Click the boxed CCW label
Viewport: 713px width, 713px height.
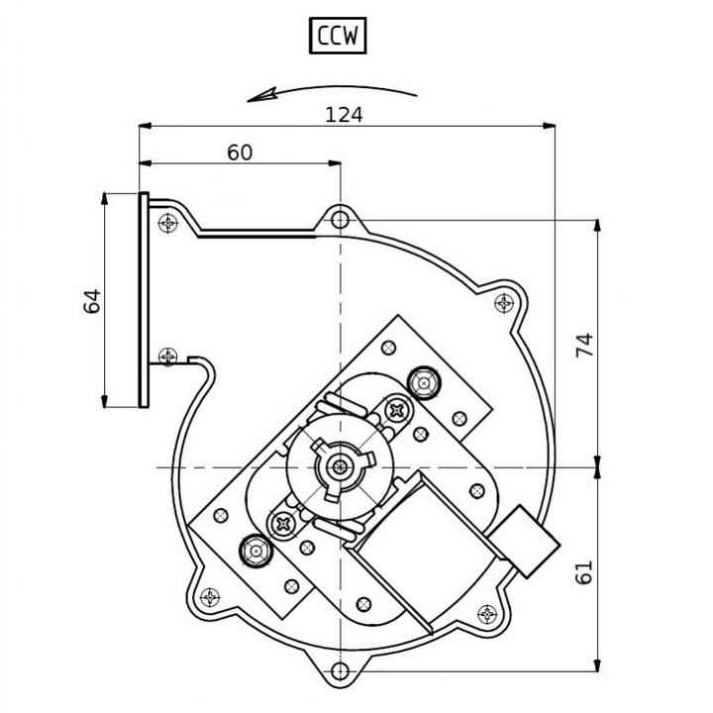click(338, 36)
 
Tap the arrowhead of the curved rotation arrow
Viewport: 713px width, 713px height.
click(261, 95)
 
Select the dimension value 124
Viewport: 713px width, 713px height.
click(344, 115)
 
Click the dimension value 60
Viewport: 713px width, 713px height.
click(240, 153)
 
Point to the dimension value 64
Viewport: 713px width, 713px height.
click(92, 301)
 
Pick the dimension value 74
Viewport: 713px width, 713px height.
click(585, 346)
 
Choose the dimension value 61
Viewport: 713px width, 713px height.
click(584, 571)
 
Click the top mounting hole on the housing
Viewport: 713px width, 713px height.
click(340, 220)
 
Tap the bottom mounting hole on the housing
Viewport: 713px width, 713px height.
click(340, 670)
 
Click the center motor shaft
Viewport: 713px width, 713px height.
click(340, 466)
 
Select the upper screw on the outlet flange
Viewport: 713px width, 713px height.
click(168, 223)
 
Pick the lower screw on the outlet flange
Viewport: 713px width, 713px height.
click(168, 356)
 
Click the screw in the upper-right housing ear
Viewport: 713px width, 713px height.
click(504, 303)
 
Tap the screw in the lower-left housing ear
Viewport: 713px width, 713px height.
click(210, 597)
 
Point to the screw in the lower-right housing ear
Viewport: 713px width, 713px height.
click(487, 615)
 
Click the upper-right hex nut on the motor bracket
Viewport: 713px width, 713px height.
click(424, 383)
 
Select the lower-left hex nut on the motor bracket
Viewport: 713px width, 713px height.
click(255, 552)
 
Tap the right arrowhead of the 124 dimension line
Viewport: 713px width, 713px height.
click(550, 126)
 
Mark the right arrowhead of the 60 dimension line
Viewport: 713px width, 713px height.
click(335, 162)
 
